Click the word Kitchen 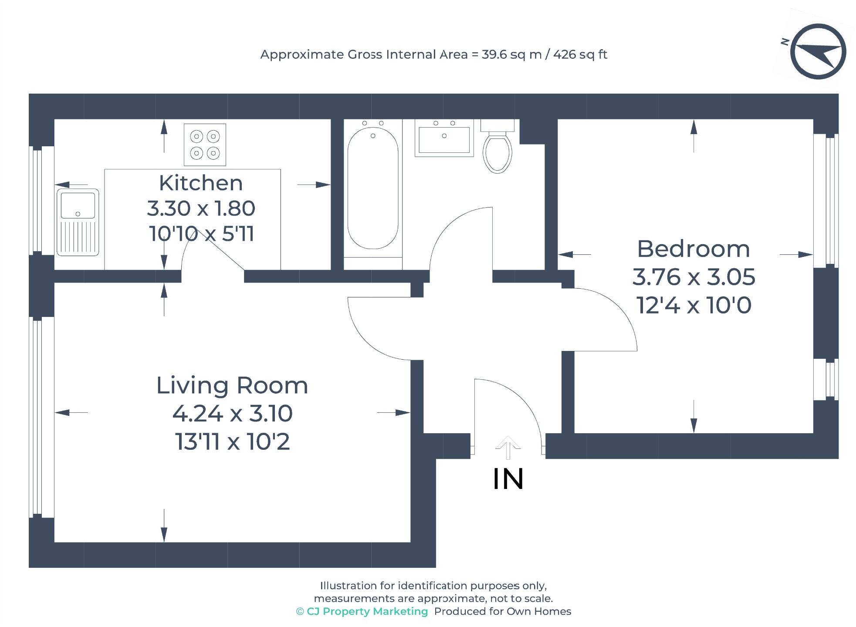(200, 183)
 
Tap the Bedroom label (693, 249)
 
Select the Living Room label (232, 386)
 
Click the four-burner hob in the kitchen (205, 145)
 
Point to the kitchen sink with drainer (78, 222)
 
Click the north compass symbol (817, 52)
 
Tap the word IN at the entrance (508, 479)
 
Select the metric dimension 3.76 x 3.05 (693, 277)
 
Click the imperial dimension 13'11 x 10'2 (232, 442)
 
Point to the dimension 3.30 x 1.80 (200, 209)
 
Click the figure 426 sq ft (580, 54)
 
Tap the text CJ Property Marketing (367, 611)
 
